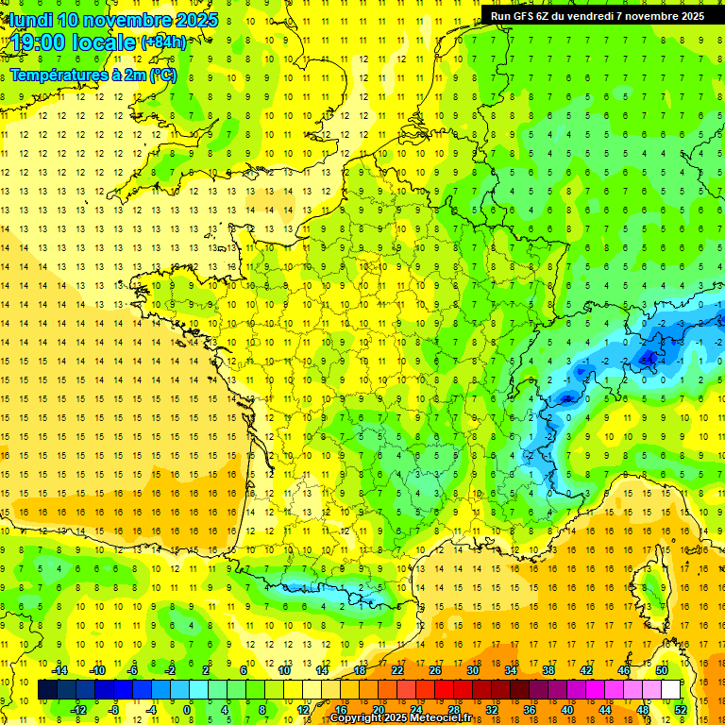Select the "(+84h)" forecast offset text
[x=163, y=42]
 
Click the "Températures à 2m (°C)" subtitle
[x=93, y=75]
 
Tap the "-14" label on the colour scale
[x=60, y=670]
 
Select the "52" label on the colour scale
[x=681, y=709]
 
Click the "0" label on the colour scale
[x=186, y=709]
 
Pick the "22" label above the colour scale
[x=397, y=670]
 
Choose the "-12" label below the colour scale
[x=78, y=709]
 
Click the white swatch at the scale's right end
[x=670, y=690]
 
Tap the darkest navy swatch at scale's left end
[x=47, y=690]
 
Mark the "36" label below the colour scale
[x=530, y=709]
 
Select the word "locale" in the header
[x=103, y=42]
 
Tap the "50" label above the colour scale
[x=662, y=670]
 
